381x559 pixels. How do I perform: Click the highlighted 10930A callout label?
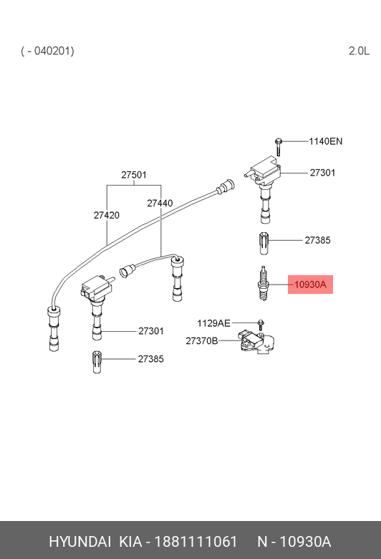point(310,285)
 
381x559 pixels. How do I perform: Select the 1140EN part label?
point(325,141)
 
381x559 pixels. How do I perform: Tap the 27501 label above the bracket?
point(134,175)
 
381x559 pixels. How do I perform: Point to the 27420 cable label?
point(107,215)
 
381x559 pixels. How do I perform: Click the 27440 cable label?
point(160,203)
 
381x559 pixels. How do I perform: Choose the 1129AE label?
point(214,323)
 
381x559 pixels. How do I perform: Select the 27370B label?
point(202,341)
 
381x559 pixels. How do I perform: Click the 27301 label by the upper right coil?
point(322,173)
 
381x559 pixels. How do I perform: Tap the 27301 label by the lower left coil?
point(151,331)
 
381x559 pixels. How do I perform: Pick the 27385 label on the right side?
point(317,240)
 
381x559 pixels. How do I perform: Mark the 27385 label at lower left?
point(151,359)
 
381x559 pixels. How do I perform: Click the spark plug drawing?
point(263,284)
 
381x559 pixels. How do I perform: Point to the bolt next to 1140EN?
point(279,147)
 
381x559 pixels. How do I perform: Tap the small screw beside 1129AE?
point(261,325)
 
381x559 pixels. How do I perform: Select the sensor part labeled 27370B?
point(258,342)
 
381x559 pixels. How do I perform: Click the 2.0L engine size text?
point(359,51)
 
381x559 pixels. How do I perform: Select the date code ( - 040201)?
point(47,51)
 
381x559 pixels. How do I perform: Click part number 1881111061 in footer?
point(196,542)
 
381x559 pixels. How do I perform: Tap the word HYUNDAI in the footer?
point(79,542)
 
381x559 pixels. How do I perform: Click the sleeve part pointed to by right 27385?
point(264,244)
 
